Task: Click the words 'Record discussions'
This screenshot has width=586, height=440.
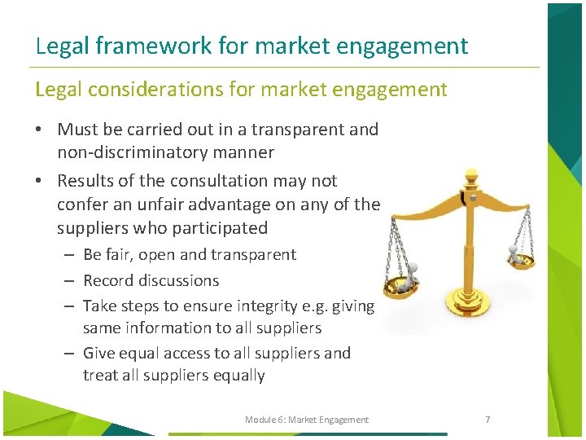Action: click(151, 280)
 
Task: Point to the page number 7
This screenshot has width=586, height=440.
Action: click(488, 420)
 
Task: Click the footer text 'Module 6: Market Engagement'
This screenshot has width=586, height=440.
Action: click(306, 420)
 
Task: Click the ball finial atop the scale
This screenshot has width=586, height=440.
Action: click(470, 175)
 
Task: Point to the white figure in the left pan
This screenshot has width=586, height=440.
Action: click(412, 272)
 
